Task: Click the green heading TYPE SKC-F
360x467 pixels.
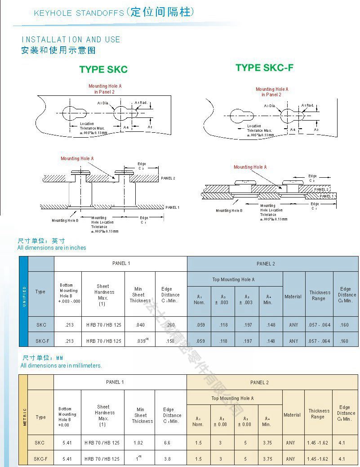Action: pos(265,67)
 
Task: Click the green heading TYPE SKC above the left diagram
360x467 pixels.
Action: pos(103,69)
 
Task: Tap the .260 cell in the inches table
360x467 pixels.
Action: pos(170,324)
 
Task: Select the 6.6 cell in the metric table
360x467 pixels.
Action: pos(167,443)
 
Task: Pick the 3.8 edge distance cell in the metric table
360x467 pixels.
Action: pos(167,459)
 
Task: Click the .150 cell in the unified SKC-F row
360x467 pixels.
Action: pos(170,341)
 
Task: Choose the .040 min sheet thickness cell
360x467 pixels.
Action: pos(140,324)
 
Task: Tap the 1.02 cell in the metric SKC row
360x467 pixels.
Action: pos(138,443)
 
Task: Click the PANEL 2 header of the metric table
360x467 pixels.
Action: pos(259,382)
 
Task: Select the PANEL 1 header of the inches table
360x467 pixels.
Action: pos(121,263)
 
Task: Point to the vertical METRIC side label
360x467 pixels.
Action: pos(24,417)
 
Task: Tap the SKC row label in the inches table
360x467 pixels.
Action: pos(40,324)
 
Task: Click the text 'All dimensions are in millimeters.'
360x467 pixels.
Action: pos(61,366)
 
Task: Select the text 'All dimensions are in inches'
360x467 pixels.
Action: pos(52,247)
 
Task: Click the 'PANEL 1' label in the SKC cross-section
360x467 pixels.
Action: pos(172,207)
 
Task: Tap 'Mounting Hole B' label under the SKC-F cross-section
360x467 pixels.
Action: pos(229,211)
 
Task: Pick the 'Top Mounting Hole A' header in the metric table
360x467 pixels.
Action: pos(232,398)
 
